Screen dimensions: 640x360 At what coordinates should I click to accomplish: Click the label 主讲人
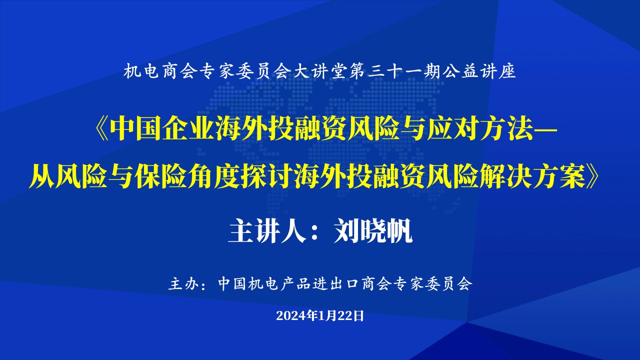click(x=267, y=231)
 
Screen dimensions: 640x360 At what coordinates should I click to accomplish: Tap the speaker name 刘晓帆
click(x=373, y=231)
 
